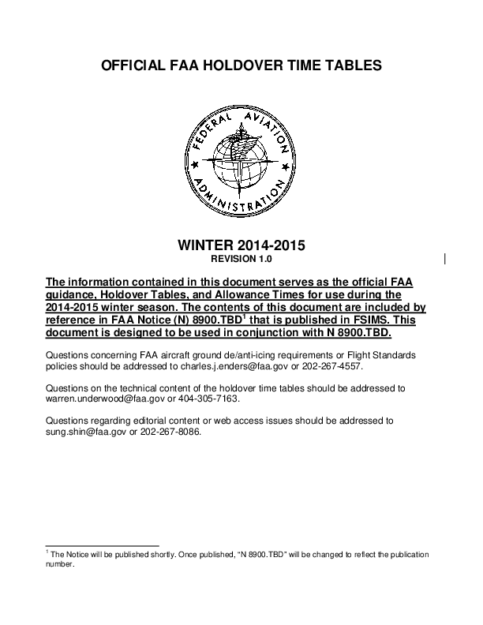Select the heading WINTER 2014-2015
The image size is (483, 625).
click(241, 245)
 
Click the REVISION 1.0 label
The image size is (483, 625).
click(241, 259)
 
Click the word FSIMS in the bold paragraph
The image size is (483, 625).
click(356, 321)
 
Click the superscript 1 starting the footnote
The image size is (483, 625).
click(48, 552)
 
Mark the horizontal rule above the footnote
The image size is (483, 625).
click(103, 545)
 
